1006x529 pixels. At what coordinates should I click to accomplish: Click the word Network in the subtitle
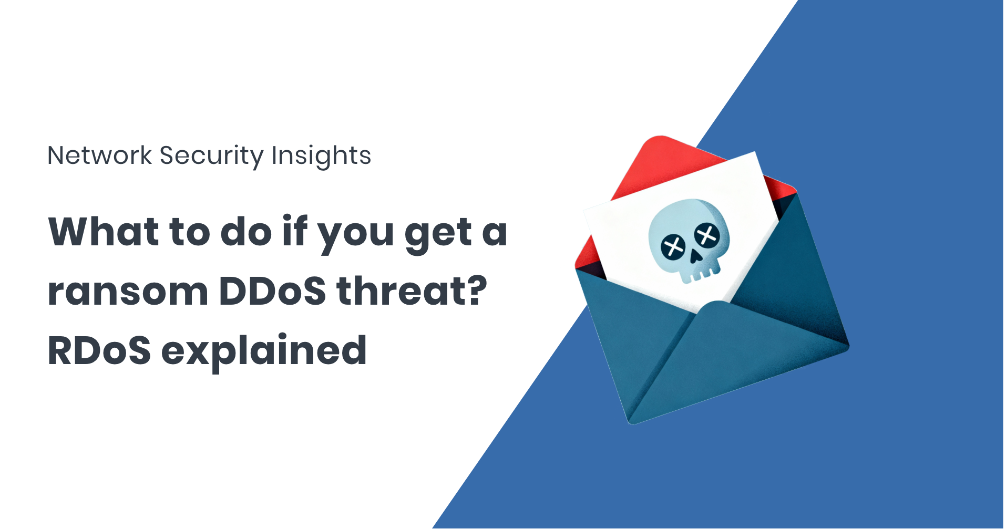pyautogui.click(x=100, y=155)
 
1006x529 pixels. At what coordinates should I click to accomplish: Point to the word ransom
pyautogui.click(x=128, y=292)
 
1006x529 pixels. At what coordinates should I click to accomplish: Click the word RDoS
pyautogui.click(x=99, y=350)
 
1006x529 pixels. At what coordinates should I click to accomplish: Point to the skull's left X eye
pyautogui.click(x=673, y=247)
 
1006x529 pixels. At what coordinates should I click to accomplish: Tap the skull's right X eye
pyautogui.click(x=707, y=235)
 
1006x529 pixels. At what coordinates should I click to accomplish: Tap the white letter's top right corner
pyautogui.click(x=755, y=152)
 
